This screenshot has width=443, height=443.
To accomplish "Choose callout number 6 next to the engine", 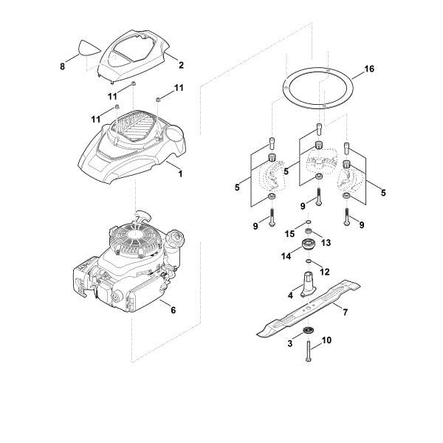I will click(x=174, y=311).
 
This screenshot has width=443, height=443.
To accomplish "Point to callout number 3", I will click(x=290, y=343).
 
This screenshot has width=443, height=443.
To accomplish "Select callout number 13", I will click(x=326, y=243).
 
